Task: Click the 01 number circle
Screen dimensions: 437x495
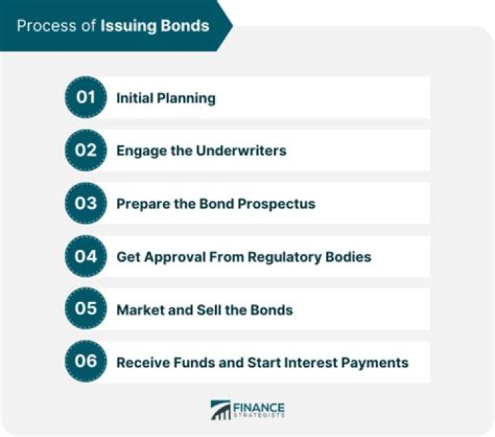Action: (86, 98)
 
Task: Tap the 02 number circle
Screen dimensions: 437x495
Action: (86, 151)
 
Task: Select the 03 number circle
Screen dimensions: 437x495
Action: (86, 204)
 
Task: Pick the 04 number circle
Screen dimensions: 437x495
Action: (86, 257)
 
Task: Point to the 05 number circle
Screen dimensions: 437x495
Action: (86, 309)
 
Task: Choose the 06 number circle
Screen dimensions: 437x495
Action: (86, 362)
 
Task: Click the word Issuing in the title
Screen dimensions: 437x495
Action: (126, 27)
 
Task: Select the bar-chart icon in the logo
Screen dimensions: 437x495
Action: (220, 411)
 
